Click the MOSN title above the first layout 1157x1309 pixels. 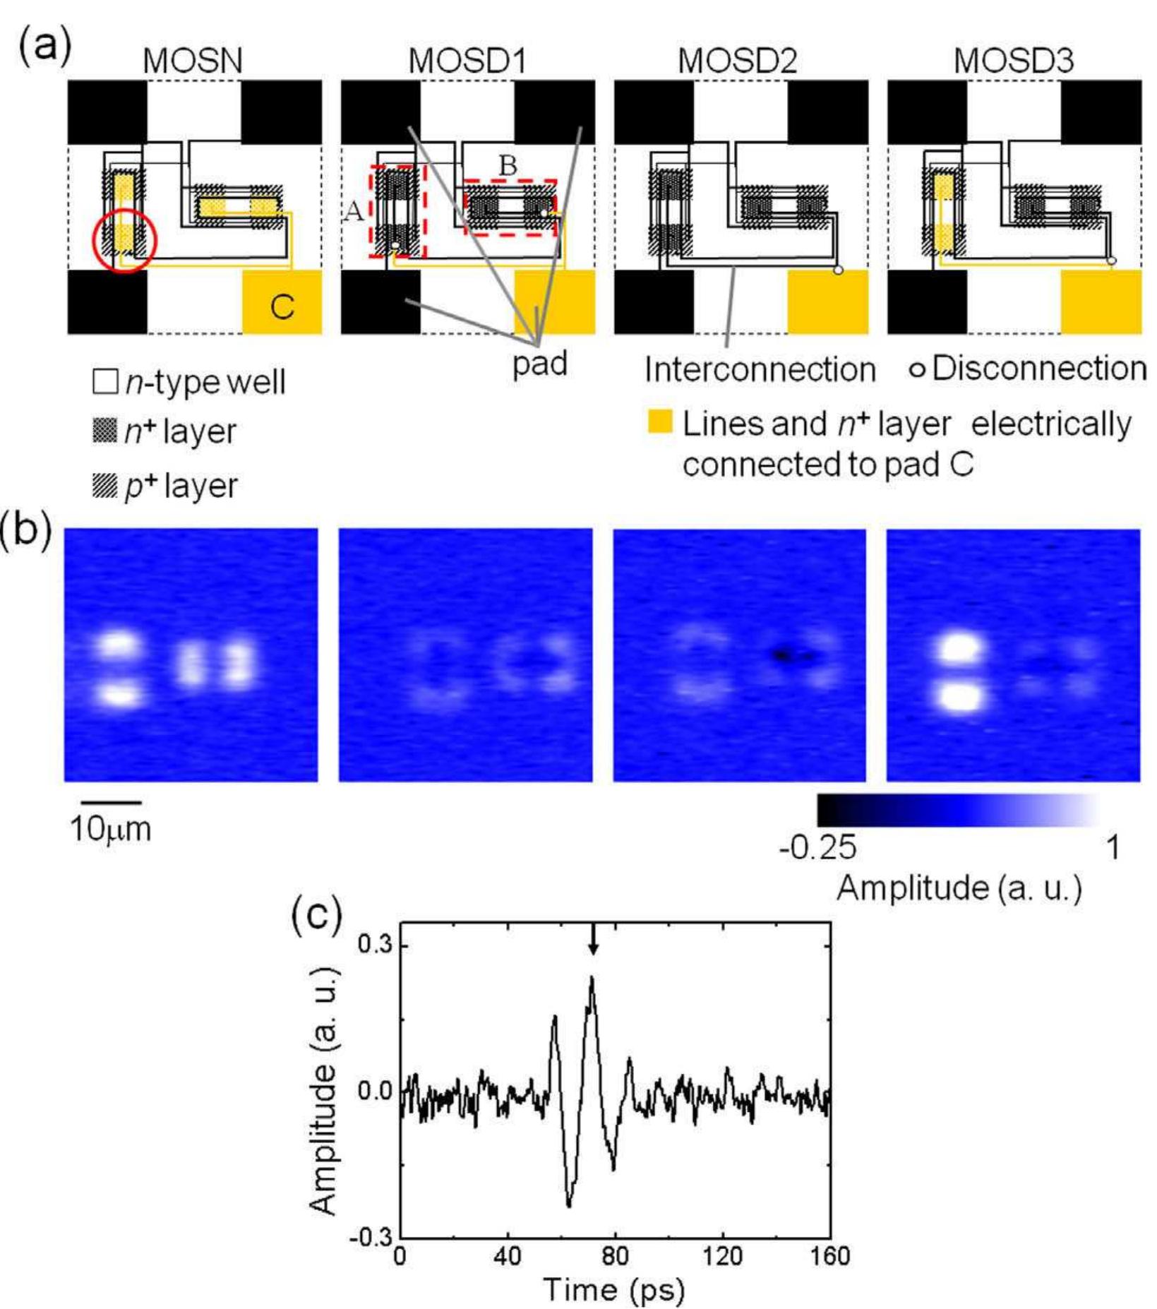click(x=192, y=61)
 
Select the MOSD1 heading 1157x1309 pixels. click(x=467, y=61)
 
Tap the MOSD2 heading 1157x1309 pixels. click(x=738, y=61)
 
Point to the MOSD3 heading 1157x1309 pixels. click(x=1014, y=61)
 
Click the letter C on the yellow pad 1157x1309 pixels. click(x=282, y=307)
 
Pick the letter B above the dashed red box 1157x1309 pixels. click(x=508, y=166)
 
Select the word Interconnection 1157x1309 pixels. click(x=760, y=369)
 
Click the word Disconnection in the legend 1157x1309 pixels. click(x=1038, y=369)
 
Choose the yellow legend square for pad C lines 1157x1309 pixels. click(x=660, y=422)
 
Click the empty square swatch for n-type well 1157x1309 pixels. click(x=105, y=381)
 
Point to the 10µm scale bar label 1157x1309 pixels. click(x=111, y=829)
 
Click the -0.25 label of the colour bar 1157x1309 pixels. click(x=818, y=847)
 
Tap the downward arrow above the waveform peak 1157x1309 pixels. click(x=593, y=940)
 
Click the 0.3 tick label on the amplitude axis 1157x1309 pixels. click(x=375, y=945)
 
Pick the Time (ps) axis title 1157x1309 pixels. click(x=614, y=1290)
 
